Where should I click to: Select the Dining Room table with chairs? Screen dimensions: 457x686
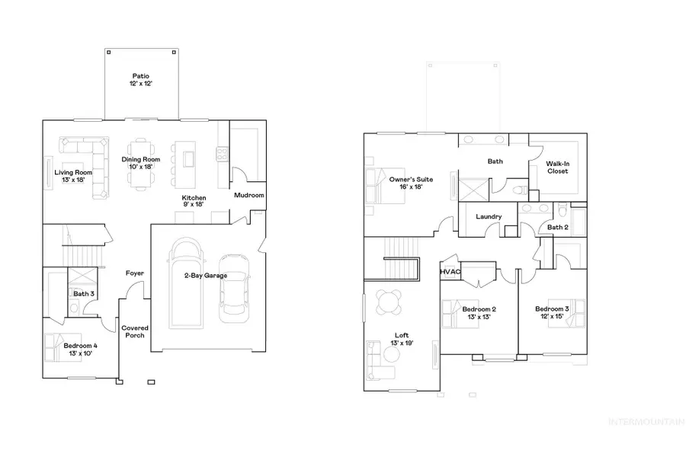(x=138, y=164)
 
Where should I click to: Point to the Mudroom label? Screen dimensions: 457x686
(x=248, y=196)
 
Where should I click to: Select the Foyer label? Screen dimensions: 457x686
(x=135, y=273)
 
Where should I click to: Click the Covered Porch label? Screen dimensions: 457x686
(x=135, y=332)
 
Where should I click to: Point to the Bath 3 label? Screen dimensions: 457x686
(x=84, y=293)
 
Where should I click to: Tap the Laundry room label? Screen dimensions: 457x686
(x=489, y=217)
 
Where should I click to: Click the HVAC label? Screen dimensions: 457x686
(x=449, y=271)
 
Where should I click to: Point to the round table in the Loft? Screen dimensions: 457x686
(x=389, y=302)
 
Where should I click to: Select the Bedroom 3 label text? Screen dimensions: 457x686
(x=553, y=312)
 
